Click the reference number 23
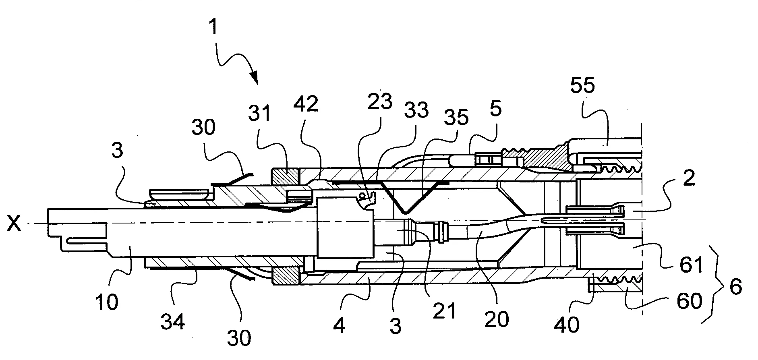tap(379, 102)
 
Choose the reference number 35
tap(456, 118)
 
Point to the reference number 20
tap(497, 319)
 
